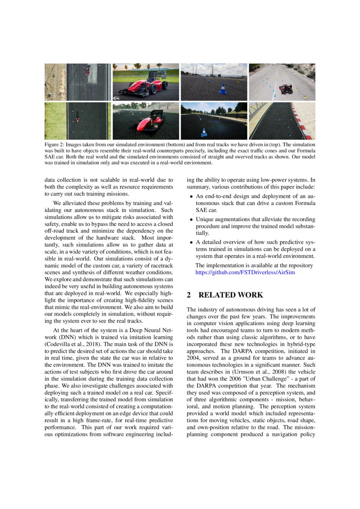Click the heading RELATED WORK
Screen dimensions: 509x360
[x=231, y=295]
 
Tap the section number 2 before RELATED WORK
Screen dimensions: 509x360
[x=189, y=295]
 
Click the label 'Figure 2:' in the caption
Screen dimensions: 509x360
[x=54, y=144]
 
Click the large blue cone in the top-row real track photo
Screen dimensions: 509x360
[x=222, y=89]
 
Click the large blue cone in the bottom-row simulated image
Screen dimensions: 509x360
[x=204, y=132]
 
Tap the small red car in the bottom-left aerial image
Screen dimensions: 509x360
[x=77, y=118]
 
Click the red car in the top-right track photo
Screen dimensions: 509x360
[x=286, y=89]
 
